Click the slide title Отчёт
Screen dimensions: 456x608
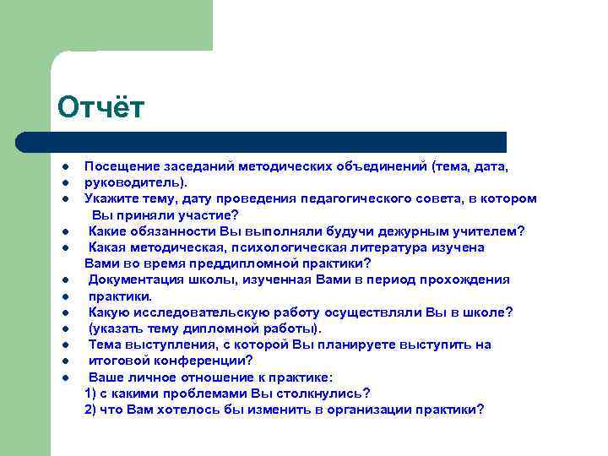click(x=101, y=108)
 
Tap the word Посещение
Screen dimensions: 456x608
click(x=119, y=166)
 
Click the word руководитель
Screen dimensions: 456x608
click(x=135, y=182)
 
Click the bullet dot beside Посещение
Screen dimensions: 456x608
click(x=64, y=167)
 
